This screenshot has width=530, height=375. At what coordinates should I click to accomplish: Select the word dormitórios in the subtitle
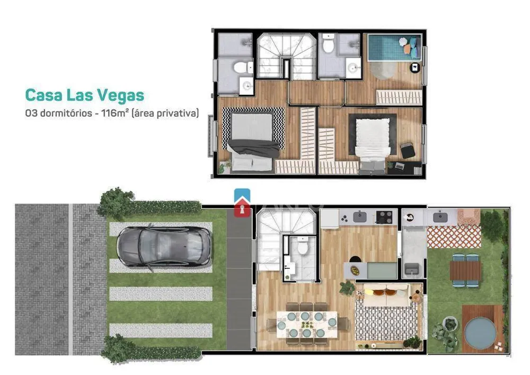point(66,113)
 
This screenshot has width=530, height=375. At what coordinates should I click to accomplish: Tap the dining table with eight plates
point(307,325)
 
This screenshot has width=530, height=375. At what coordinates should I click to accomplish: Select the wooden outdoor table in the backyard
point(465,270)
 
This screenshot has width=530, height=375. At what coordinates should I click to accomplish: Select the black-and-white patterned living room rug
point(386,320)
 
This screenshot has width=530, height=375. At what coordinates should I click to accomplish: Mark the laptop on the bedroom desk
point(400,166)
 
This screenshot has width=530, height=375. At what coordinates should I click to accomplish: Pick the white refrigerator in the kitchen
point(330,219)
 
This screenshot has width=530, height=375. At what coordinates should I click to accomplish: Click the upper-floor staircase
point(286,56)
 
